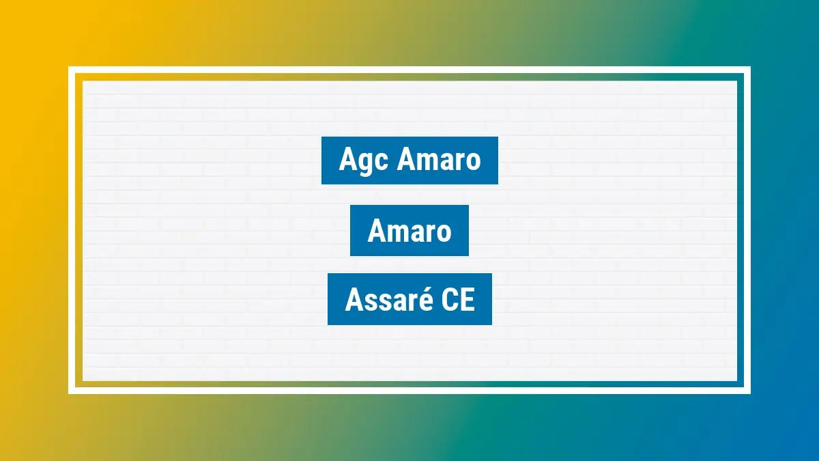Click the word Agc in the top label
point(363,161)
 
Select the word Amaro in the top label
point(439,160)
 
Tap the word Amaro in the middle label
point(409,232)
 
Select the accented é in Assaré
point(431,299)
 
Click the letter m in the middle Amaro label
point(394,233)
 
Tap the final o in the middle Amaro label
point(444,233)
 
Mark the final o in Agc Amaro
point(472,162)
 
